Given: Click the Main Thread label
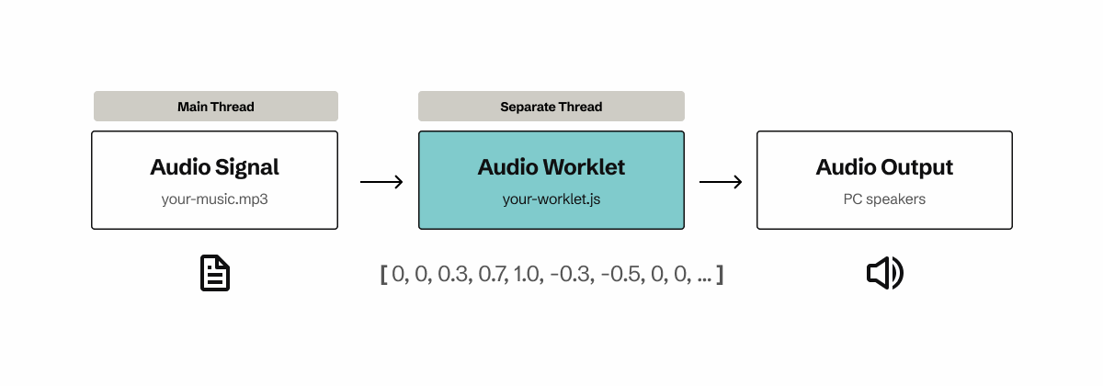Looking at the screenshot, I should (215, 107).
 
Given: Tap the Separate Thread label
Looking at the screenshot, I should (551, 107).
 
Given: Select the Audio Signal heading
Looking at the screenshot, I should (214, 167).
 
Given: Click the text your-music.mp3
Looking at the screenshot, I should (214, 199).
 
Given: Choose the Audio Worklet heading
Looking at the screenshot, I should (551, 167).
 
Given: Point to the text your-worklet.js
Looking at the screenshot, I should (551, 199).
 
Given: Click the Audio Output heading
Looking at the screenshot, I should (884, 167).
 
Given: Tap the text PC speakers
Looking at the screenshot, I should (884, 199).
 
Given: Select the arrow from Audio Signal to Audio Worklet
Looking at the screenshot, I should (381, 182).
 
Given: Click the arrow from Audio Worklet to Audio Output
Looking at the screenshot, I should (721, 182).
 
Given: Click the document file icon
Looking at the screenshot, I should (215, 274).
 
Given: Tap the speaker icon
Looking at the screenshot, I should (884, 274).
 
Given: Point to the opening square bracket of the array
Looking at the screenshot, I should (383, 275).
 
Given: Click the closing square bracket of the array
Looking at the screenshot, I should (720, 275).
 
